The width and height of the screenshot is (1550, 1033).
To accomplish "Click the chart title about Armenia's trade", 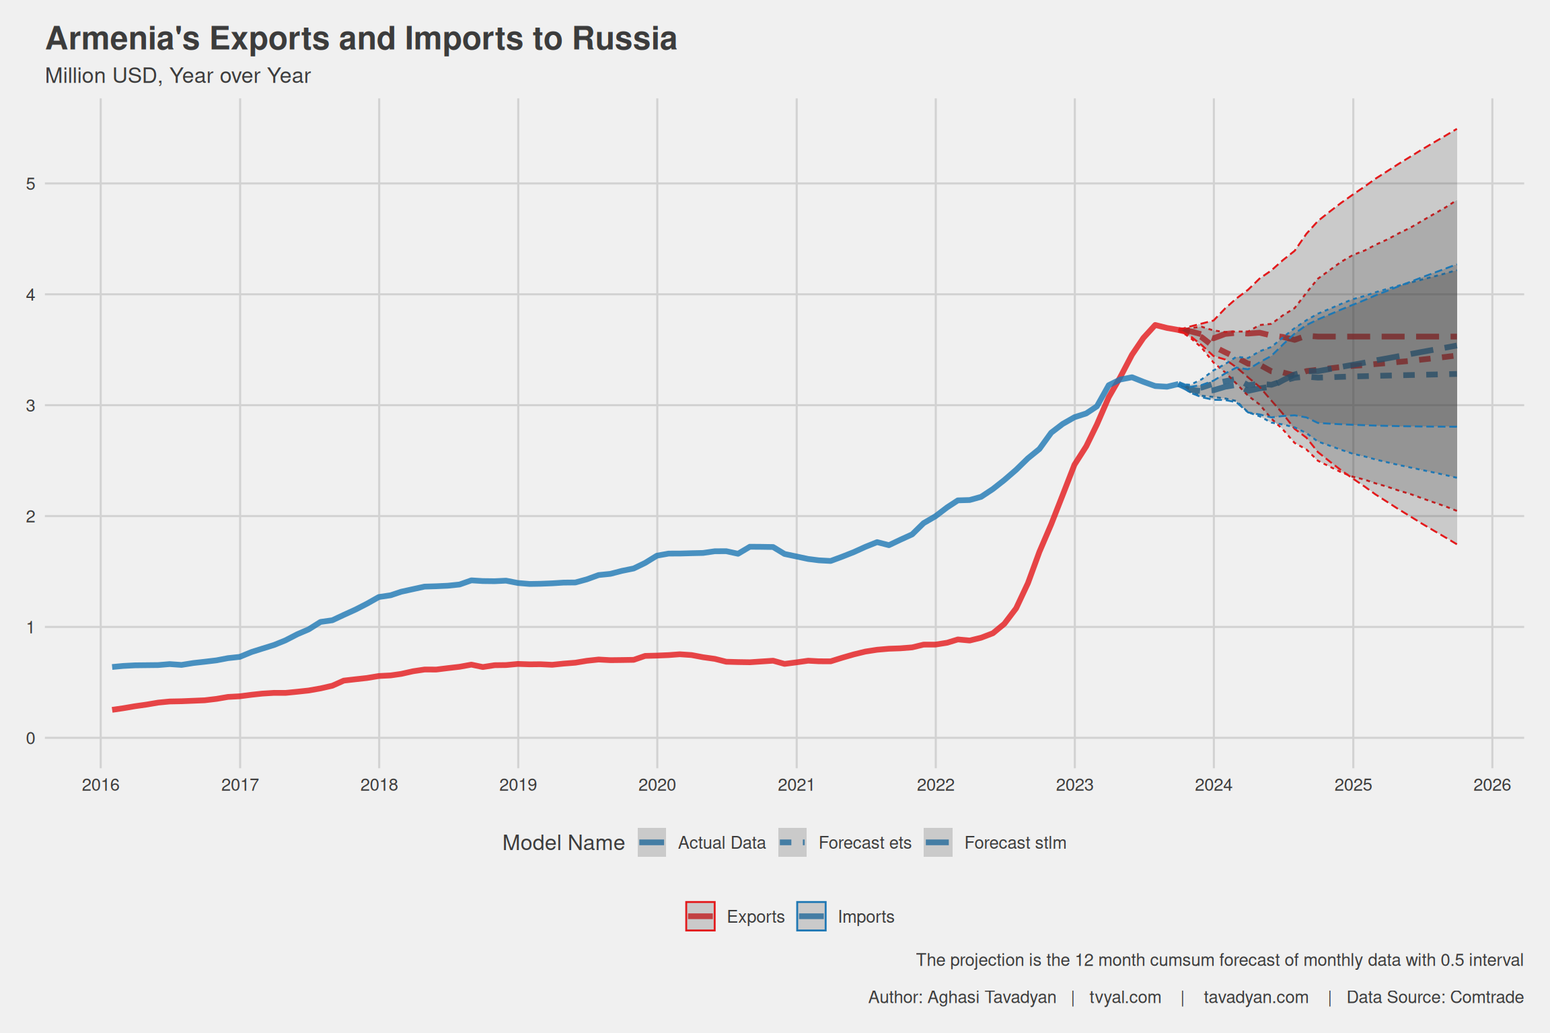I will (361, 38).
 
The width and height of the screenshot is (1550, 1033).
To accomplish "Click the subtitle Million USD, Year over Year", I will (178, 76).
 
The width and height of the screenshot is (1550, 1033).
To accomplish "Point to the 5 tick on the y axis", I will (31, 184).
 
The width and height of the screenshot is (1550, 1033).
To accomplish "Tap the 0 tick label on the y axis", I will (31, 738).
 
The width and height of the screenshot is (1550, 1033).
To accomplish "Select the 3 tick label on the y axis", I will (31, 406).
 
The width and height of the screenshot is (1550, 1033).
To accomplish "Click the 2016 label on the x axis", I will (100, 785).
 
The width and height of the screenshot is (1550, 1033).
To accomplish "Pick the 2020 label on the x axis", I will (657, 785).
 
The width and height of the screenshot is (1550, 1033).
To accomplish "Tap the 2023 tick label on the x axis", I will (1074, 785).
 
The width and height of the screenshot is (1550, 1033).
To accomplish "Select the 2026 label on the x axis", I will (1491, 785).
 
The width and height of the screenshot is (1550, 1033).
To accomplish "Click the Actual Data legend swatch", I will (652, 843).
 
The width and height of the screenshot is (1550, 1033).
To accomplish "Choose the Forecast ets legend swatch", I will (792, 843).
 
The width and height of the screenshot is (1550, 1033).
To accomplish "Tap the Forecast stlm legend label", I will (1015, 843).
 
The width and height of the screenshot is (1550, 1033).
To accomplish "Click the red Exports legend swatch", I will (700, 917).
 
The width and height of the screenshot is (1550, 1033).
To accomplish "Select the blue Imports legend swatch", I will (811, 917).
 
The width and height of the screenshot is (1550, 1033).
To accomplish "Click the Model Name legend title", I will (563, 843).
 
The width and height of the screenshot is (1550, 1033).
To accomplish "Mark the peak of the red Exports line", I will (1154, 325).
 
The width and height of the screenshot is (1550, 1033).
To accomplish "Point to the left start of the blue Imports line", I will (113, 666).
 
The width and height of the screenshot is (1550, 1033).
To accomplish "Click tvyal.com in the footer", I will (1125, 997).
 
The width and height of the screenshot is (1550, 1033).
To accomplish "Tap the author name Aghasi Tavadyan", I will (991, 997).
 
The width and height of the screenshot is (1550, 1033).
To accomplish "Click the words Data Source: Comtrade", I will (1434, 997).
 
